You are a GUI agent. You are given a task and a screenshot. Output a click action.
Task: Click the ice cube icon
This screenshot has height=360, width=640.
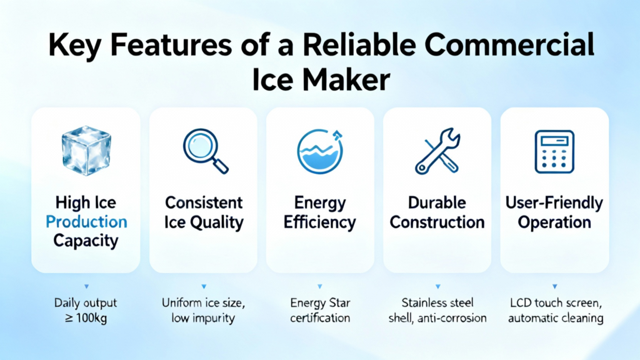tap(86, 151)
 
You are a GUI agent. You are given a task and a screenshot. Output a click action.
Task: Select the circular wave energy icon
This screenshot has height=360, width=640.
tap(320, 151)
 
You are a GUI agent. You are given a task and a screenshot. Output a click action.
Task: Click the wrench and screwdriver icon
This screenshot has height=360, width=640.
tap(437, 151)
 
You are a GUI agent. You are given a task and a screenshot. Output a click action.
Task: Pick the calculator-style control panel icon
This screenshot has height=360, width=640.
tap(554, 152)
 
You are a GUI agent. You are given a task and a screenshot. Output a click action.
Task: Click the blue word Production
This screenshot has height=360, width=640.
tap(86, 222)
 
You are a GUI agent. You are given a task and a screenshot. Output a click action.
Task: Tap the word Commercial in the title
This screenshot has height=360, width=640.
tap(509, 44)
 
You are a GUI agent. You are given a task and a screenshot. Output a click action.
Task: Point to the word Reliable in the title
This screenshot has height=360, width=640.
tap(359, 44)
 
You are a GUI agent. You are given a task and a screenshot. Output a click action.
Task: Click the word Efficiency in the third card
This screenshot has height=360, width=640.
tap(319, 223)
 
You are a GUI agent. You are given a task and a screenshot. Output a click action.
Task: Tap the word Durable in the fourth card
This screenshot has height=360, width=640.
tap(437, 203)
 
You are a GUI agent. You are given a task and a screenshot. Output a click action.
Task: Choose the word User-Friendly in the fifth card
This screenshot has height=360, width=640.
tap(554, 203)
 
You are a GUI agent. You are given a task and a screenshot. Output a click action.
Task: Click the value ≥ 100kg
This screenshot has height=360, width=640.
tap(86, 318)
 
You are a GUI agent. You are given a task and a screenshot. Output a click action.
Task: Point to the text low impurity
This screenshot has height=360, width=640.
tap(203, 318)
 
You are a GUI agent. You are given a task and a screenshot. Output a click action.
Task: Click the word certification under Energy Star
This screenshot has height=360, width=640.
tap(320, 318)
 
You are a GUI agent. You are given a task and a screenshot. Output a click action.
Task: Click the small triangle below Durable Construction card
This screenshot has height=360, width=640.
tap(437, 286)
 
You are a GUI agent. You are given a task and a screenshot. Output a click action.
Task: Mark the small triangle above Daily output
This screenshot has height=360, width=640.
tap(86, 286)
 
